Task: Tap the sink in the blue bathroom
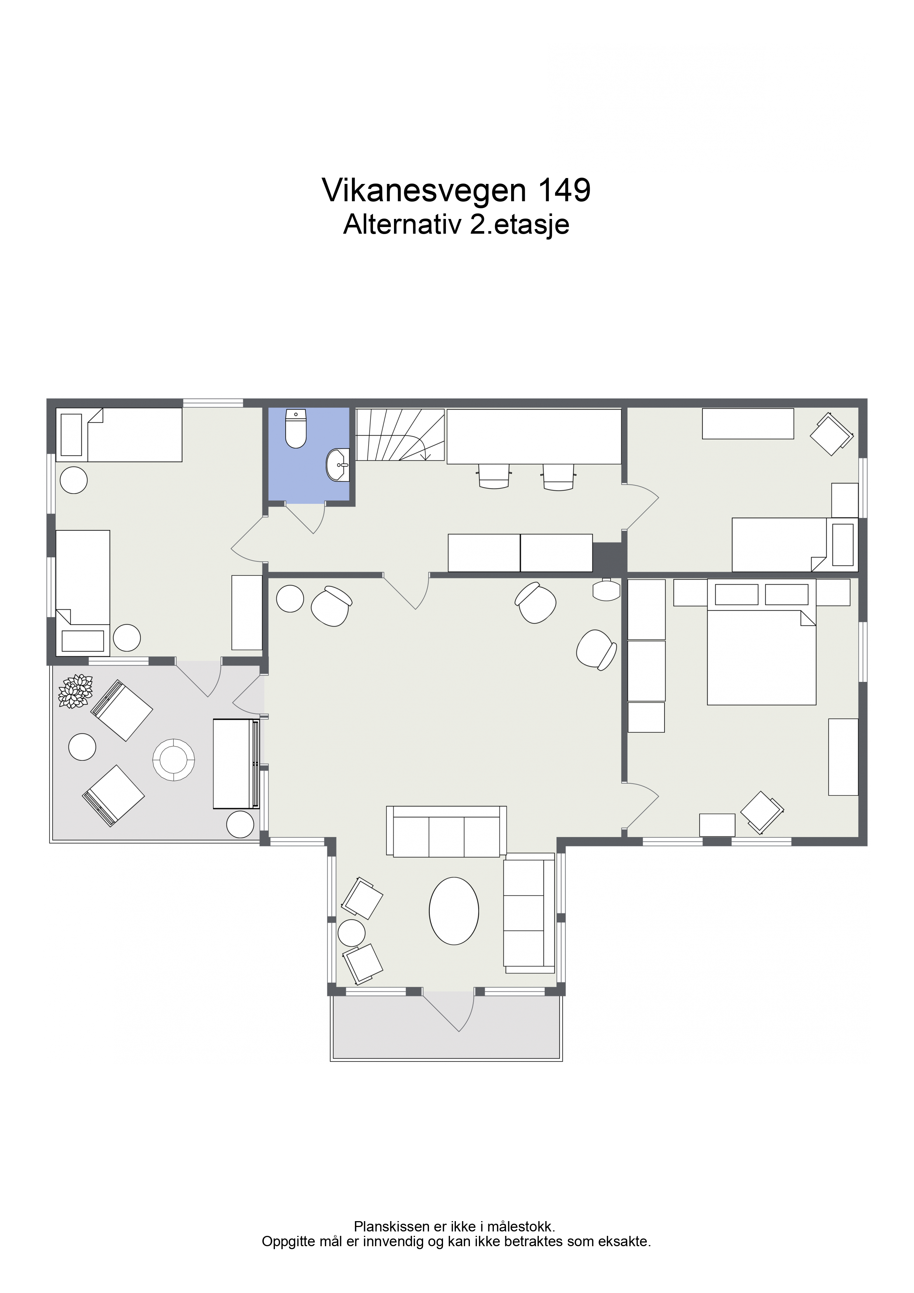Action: tap(338, 465)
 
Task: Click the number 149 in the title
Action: tap(565, 190)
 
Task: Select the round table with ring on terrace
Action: tap(174, 760)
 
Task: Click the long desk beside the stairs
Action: tap(534, 436)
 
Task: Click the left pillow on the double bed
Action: tap(737, 594)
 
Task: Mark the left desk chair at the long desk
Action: tap(494, 475)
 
